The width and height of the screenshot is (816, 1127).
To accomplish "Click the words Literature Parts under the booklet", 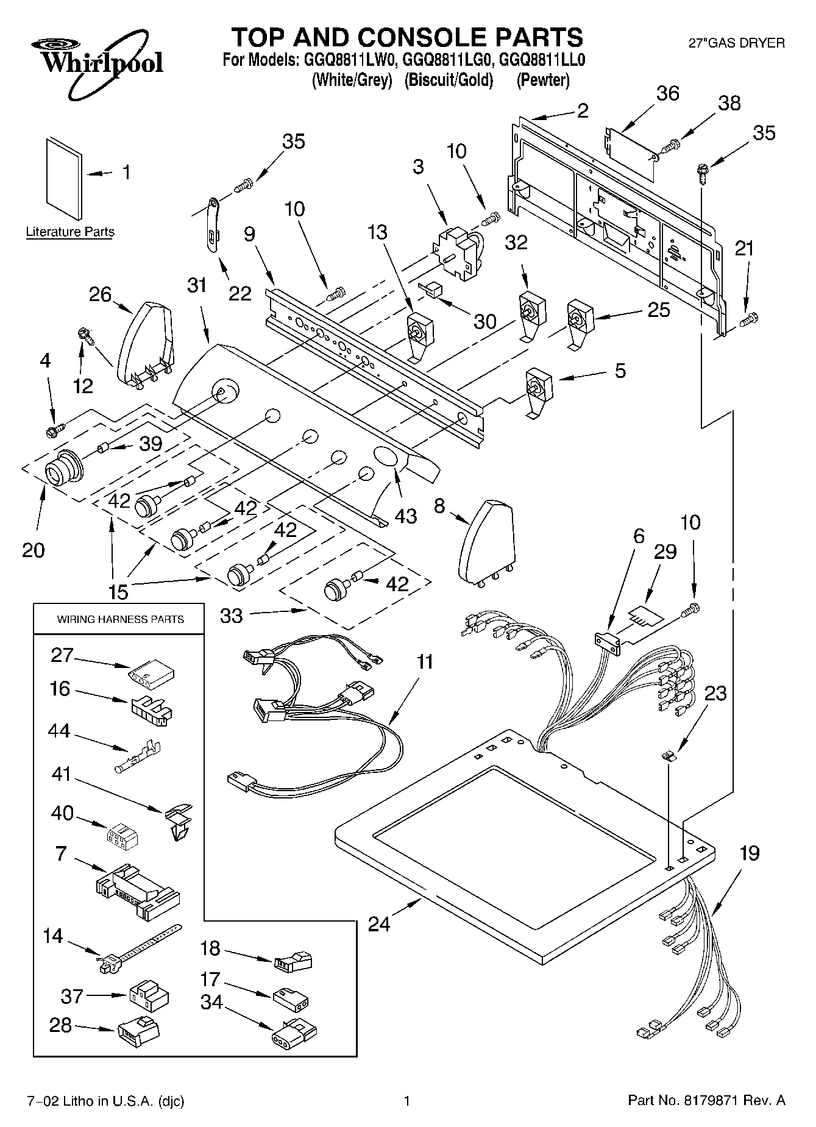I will point(70,232).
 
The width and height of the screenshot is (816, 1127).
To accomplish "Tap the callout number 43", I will point(405,516).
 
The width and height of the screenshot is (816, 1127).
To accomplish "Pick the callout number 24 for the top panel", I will point(379,924).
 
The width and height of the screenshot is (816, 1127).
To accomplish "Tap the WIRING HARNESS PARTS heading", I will point(120,619).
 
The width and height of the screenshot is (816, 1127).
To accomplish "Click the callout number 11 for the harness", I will point(425,661).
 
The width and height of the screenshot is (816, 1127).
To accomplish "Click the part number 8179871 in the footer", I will point(719,1101).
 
